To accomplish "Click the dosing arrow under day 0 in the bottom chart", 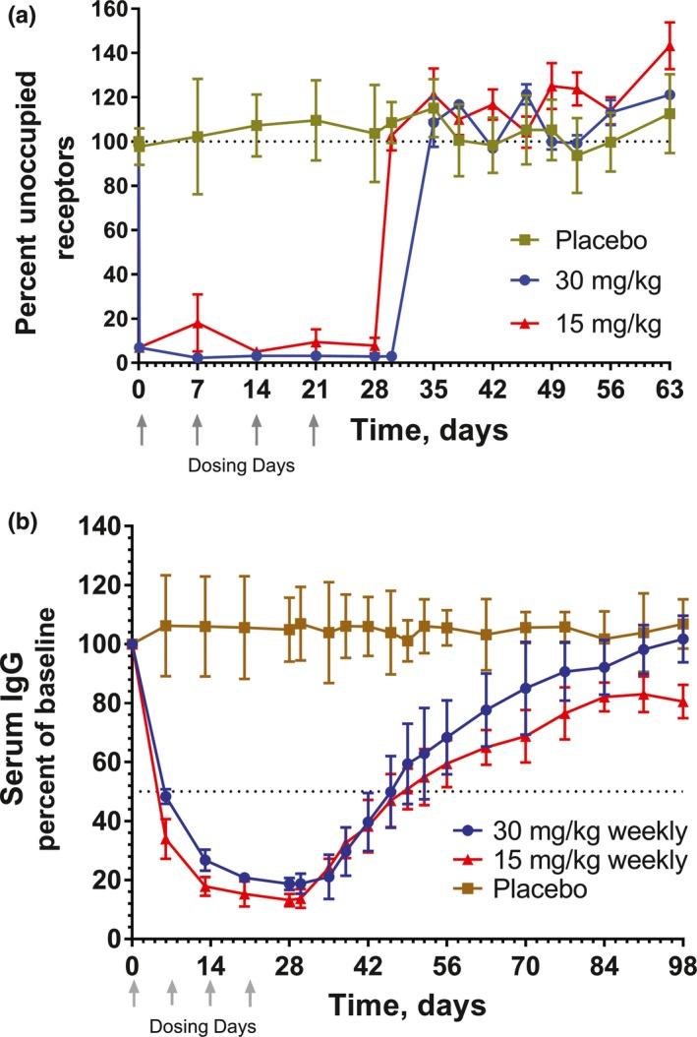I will coord(132,996).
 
